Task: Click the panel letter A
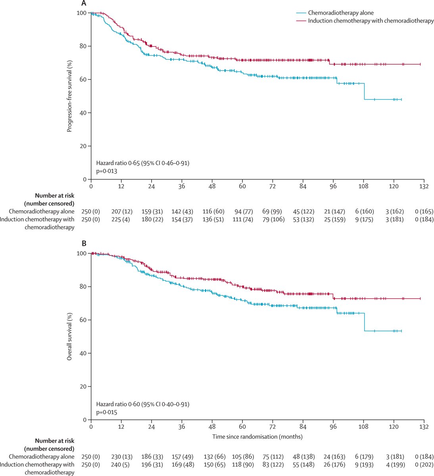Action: click(84, 4)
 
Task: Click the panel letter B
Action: click(84, 244)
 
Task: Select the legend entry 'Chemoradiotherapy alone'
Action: click(341, 13)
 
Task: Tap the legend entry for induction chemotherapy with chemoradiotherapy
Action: click(371, 21)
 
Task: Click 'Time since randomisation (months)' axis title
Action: click(257, 437)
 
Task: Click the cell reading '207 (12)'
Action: click(121, 211)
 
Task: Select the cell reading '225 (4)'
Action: click(121, 219)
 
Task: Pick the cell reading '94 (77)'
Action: click(242, 211)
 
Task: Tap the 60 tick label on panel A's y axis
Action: click(84, 80)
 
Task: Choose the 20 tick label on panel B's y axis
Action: click(84, 386)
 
